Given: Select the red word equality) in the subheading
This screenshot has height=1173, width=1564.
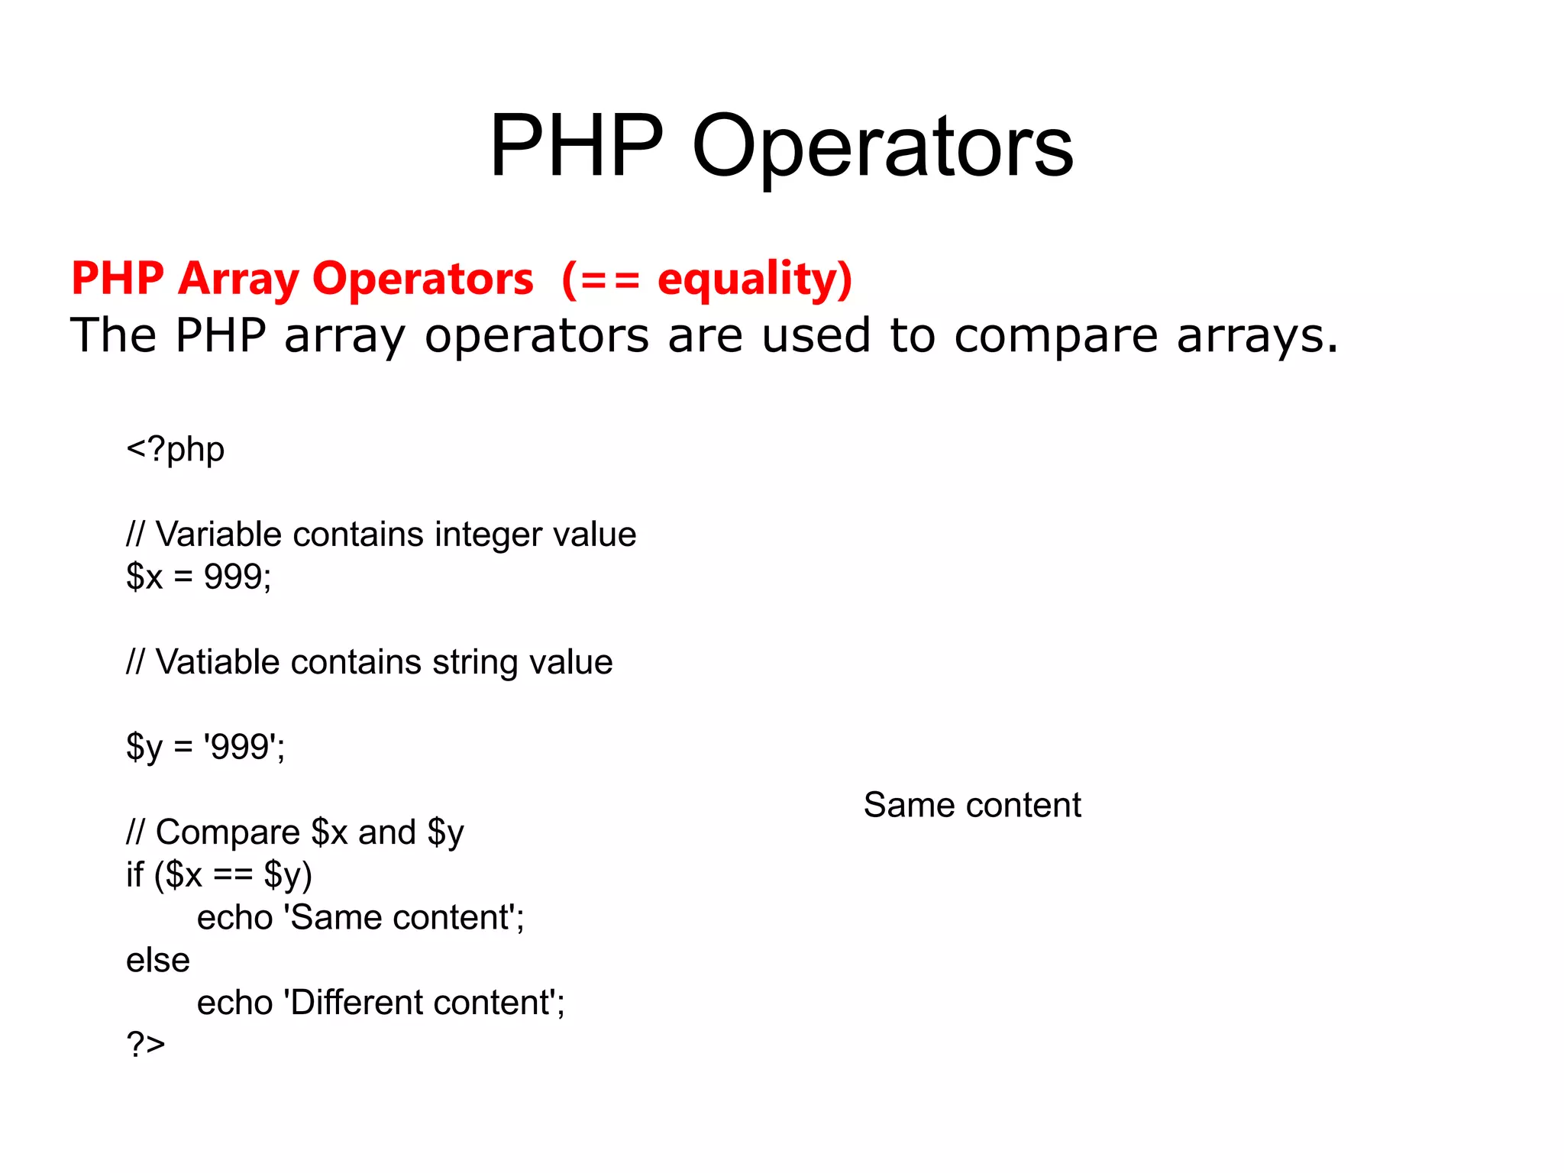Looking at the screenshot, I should pos(755,279).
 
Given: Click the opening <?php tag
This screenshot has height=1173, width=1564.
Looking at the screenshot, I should pos(176,449).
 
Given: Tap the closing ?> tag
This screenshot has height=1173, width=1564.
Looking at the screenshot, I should pos(146,1043).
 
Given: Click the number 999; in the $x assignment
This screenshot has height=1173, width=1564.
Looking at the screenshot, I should pos(238,577).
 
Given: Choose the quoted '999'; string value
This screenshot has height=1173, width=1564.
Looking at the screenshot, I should pos(244,747).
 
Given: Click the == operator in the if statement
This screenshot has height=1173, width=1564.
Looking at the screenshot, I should pos(233,875).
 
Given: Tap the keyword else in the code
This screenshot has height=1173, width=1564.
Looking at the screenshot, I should pos(158,960).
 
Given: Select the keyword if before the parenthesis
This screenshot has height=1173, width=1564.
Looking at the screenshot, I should pos(134,875).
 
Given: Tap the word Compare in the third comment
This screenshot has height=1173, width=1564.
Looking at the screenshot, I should pos(228,832).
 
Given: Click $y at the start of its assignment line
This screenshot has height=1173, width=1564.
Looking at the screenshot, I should pos(144,747).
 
